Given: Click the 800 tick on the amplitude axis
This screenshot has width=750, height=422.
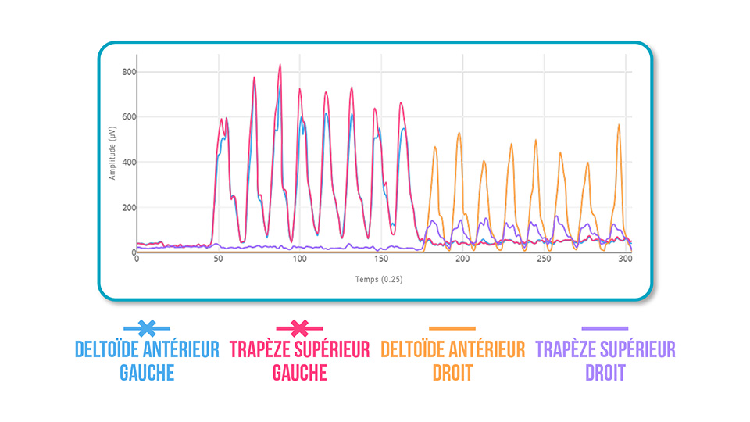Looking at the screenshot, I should [128, 72].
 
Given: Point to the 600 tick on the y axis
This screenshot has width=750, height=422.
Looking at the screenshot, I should [128, 117].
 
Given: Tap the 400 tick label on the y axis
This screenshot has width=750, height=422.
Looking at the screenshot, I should [128, 163].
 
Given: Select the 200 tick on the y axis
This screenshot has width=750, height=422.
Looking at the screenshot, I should [128, 208].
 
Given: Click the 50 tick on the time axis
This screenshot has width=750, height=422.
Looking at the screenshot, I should [219, 259].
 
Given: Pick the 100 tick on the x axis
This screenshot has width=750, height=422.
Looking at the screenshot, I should [299, 259].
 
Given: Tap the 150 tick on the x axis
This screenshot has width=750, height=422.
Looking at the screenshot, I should [380, 259].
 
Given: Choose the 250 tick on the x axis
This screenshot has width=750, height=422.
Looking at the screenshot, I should [543, 259].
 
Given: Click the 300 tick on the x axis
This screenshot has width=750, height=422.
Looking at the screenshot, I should [624, 259].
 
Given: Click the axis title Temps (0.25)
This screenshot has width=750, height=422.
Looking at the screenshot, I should [377, 279].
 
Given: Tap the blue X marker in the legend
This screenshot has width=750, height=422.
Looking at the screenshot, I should [147, 328].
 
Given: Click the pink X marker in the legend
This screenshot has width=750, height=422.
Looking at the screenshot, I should [300, 328].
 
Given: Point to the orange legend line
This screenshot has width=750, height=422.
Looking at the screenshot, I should [452, 328].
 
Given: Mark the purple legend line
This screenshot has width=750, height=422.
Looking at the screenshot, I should [605, 328].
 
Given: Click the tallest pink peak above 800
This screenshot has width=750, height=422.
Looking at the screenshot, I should [280, 66].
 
